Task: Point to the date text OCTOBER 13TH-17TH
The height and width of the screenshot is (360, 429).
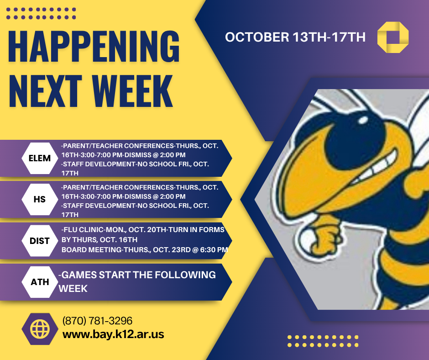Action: click(x=295, y=37)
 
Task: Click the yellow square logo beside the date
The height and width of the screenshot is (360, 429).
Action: click(x=393, y=37)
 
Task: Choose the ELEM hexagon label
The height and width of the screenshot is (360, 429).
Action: click(x=39, y=159)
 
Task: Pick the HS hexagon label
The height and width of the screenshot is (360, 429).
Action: click(x=39, y=200)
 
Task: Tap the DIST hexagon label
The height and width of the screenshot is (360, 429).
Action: click(x=39, y=241)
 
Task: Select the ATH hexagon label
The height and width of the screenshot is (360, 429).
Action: click(x=39, y=282)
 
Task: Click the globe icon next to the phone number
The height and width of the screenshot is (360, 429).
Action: click(x=39, y=328)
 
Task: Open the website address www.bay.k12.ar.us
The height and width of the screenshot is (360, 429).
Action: click(x=113, y=334)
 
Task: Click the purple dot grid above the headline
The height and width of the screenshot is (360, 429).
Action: click(x=42, y=13)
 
